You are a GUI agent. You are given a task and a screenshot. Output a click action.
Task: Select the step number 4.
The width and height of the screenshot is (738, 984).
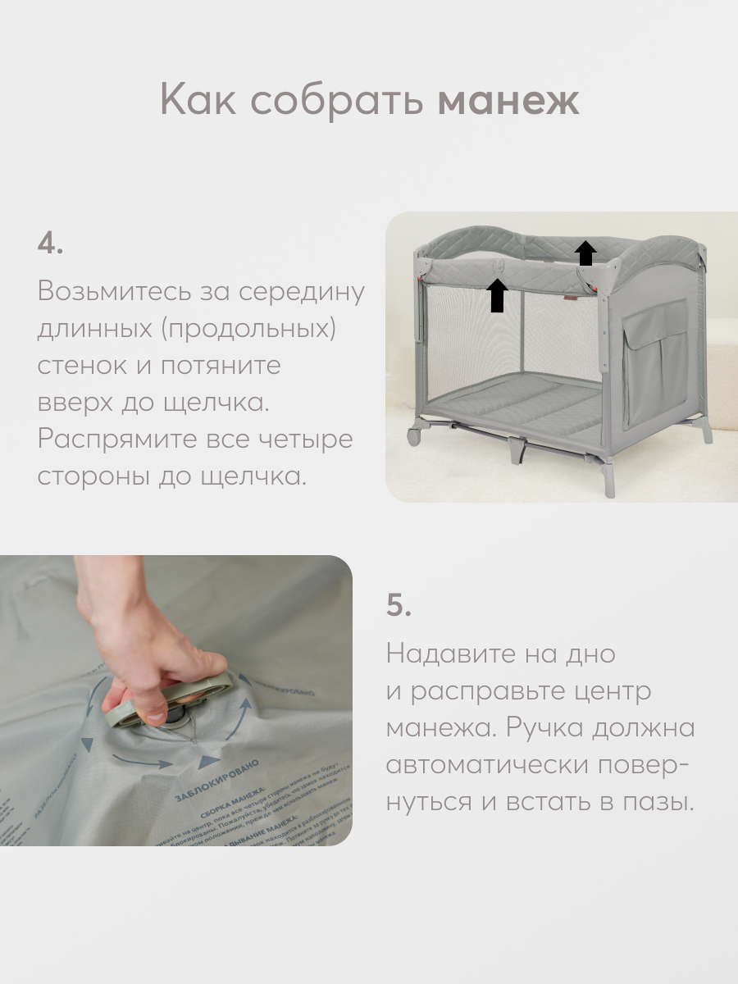point(51,244)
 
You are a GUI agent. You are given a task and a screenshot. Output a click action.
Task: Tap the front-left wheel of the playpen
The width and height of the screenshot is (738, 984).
point(415,434)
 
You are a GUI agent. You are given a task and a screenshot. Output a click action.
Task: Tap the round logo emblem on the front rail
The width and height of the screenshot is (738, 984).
point(497,265)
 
